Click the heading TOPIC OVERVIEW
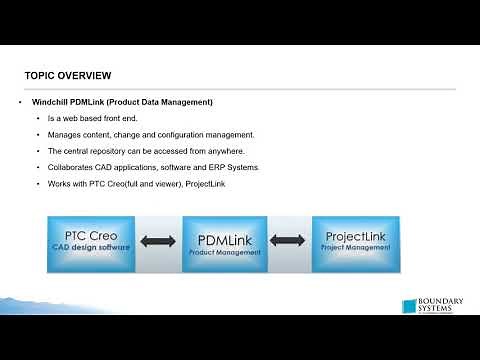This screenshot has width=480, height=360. pyautogui.click(x=67, y=76)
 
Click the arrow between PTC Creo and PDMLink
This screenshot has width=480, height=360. pyautogui.click(x=157, y=241)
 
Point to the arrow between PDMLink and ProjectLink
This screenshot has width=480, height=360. pyautogui.click(x=288, y=241)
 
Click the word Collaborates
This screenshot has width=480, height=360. pyautogui.click(x=72, y=167)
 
